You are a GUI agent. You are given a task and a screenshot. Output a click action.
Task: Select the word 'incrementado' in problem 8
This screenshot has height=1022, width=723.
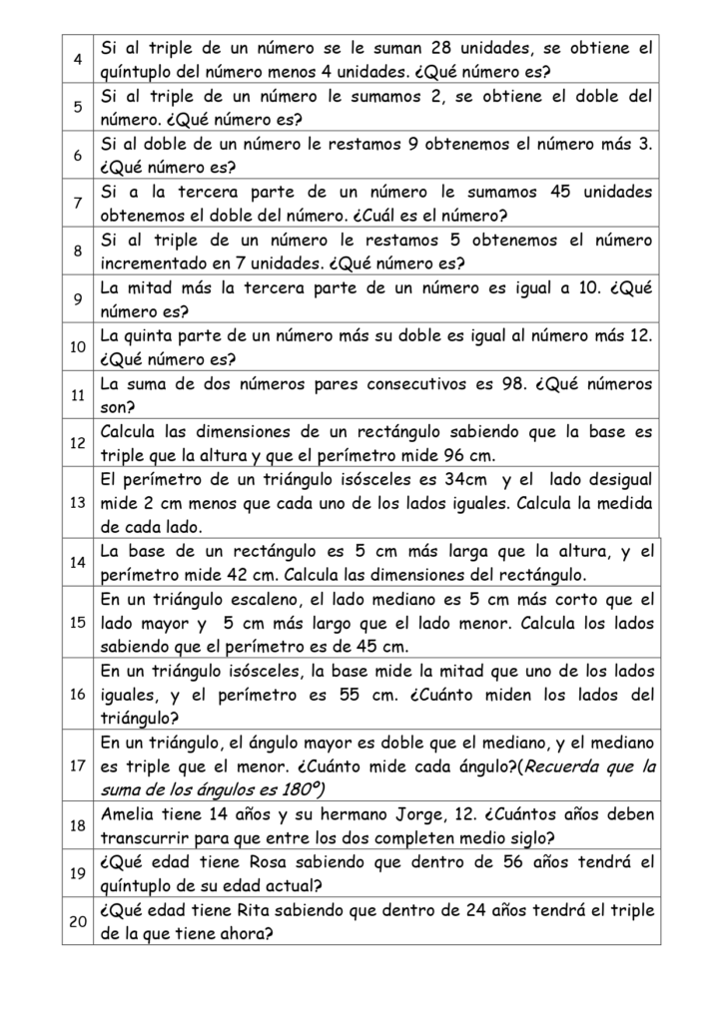pyautogui.click(x=154, y=263)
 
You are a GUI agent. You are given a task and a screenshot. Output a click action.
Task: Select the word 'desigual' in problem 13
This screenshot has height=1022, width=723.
pyautogui.click(x=620, y=479)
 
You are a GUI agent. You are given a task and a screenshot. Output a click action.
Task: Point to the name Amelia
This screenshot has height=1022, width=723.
pyautogui.click(x=132, y=814)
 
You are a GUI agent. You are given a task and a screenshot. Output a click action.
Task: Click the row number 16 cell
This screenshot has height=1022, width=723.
pyautogui.click(x=77, y=695)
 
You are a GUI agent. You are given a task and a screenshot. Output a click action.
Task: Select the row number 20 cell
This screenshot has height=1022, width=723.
pyautogui.click(x=77, y=921)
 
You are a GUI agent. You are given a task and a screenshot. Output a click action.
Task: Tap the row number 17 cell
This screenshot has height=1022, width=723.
pyautogui.click(x=77, y=766)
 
